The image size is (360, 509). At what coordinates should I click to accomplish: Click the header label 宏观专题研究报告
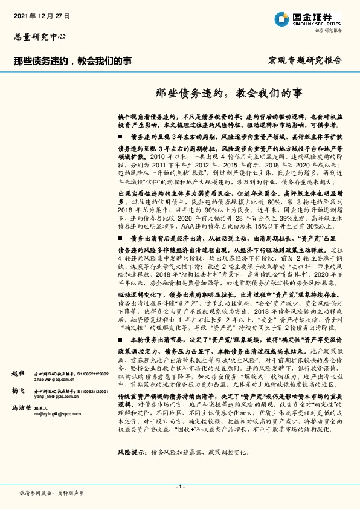[305, 61]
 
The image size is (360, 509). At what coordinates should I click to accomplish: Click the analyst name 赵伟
[18, 374]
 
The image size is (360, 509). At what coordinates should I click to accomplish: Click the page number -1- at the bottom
[179, 487]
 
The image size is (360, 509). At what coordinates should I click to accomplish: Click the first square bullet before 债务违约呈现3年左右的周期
[120, 137]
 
